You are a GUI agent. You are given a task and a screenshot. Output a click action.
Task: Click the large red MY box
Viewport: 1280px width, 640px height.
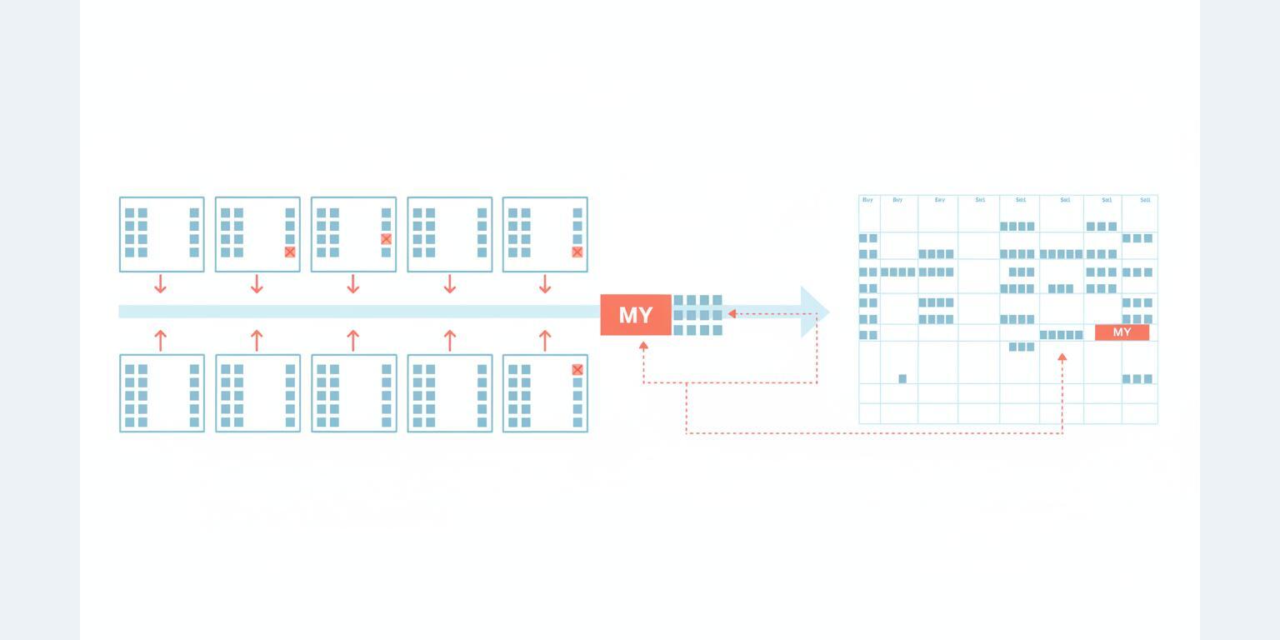(636, 315)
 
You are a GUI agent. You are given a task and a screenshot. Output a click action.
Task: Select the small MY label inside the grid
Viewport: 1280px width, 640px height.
(1122, 332)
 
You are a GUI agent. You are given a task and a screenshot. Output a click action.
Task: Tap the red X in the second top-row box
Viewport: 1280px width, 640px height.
(290, 252)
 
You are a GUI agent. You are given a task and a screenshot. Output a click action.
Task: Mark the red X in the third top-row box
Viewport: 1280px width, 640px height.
(386, 239)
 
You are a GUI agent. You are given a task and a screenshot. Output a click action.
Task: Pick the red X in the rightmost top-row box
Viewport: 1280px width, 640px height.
(577, 252)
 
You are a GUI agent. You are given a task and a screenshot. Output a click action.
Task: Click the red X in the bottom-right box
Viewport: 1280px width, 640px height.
(577, 370)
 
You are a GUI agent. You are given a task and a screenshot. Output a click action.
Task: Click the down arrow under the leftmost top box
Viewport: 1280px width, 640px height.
(161, 285)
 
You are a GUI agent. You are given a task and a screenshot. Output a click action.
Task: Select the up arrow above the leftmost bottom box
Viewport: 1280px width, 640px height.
(161, 339)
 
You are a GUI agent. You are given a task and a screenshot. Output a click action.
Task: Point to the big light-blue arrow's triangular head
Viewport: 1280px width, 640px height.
(813, 312)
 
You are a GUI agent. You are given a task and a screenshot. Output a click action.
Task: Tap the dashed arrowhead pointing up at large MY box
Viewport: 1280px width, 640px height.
(643, 345)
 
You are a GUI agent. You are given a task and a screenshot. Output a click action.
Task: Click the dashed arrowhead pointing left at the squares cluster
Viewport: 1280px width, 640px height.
(732, 314)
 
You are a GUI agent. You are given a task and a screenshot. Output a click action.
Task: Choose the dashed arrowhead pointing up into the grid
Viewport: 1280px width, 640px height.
(1062, 357)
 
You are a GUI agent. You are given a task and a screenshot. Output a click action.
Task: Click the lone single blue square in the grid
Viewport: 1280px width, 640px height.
(902, 379)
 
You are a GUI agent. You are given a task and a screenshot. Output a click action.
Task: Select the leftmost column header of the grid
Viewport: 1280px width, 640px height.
(868, 200)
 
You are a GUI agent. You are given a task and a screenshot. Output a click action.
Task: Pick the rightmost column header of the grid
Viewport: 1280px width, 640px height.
(1145, 200)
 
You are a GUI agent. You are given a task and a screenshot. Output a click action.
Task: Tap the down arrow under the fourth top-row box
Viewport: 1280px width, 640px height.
(450, 285)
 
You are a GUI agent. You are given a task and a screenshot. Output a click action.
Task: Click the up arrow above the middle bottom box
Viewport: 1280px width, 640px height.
(353, 339)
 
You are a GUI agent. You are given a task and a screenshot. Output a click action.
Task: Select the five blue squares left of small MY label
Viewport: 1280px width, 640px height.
(1061, 335)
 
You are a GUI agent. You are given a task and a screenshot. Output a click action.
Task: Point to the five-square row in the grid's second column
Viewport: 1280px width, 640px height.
(898, 272)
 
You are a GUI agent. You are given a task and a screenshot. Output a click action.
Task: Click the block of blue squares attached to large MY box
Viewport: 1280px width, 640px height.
(697, 315)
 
